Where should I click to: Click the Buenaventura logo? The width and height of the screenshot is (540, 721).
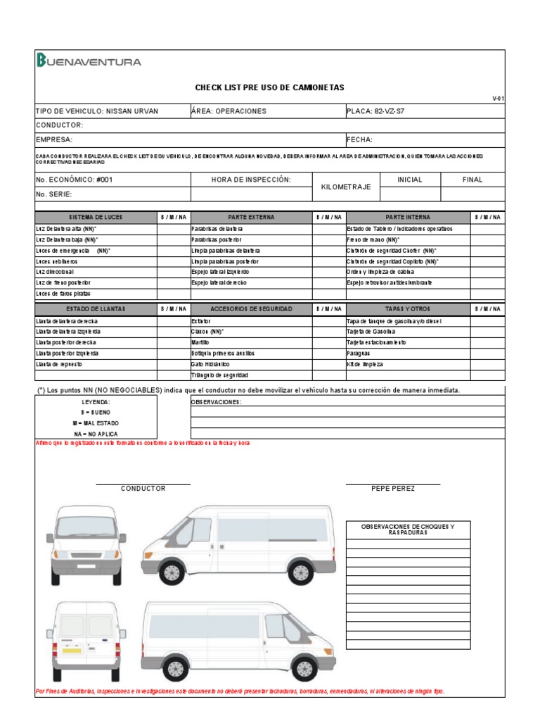tap(89, 61)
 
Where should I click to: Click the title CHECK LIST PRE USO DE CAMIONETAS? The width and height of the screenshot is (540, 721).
tap(269, 88)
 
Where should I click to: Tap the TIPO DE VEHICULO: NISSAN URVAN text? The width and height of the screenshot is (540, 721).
tap(97, 111)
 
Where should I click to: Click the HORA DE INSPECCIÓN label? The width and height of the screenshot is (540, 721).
tap(251, 180)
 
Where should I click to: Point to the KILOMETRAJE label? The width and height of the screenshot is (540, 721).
tap(345, 187)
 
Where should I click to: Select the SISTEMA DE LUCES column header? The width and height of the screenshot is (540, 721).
tap(96, 218)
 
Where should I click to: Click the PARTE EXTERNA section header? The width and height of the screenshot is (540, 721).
tap(251, 218)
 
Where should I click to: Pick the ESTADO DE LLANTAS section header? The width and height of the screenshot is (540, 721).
tap(96, 309)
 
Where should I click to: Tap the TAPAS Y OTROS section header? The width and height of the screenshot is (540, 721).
tap(408, 309)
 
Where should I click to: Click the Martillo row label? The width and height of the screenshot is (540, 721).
tap(200, 342)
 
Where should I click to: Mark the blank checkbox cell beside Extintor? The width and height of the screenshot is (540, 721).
tap(329, 321)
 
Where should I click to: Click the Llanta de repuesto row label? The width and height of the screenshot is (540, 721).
tap(59, 364)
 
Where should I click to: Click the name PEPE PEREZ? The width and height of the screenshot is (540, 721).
tap(393, 489)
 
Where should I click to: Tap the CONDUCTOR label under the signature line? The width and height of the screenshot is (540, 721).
tap(143, 489)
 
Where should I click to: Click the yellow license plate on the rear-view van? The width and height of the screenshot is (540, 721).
tap(72, 650)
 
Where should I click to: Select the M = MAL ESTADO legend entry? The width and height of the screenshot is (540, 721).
tap(96, 423)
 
